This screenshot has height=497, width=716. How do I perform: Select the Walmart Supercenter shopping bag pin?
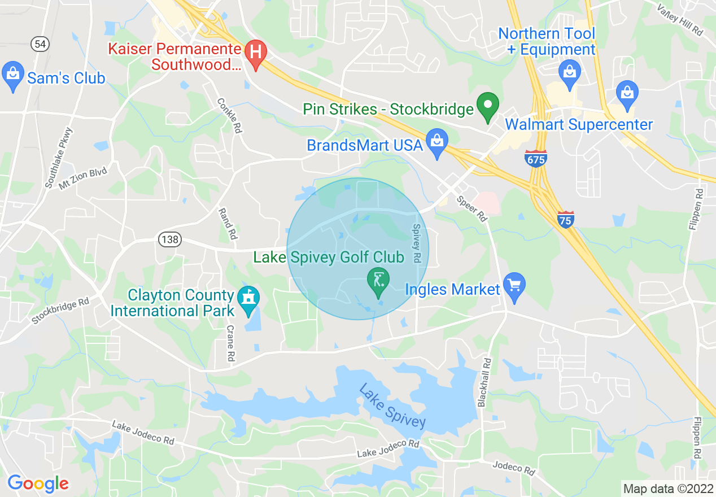(627, 93)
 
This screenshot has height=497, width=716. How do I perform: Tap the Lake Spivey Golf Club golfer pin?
(378, 281)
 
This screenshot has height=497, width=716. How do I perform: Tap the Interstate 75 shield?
(566, 219)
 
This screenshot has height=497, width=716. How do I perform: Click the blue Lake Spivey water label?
(392, 406)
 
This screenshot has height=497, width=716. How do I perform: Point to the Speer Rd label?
(472, 207)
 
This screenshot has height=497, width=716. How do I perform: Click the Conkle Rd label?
(230, 115)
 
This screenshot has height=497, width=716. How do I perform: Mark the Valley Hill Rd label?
(680, 19)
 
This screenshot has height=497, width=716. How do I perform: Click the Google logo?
(38, 484)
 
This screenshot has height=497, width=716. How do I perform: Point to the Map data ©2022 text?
(667, 488)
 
